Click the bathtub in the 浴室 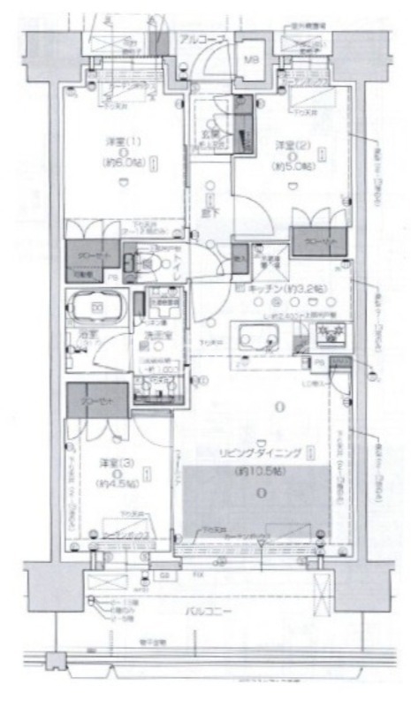pyautogui.click(x=95, y=309)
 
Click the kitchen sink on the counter pyautogui.click(x=257, y=338)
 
